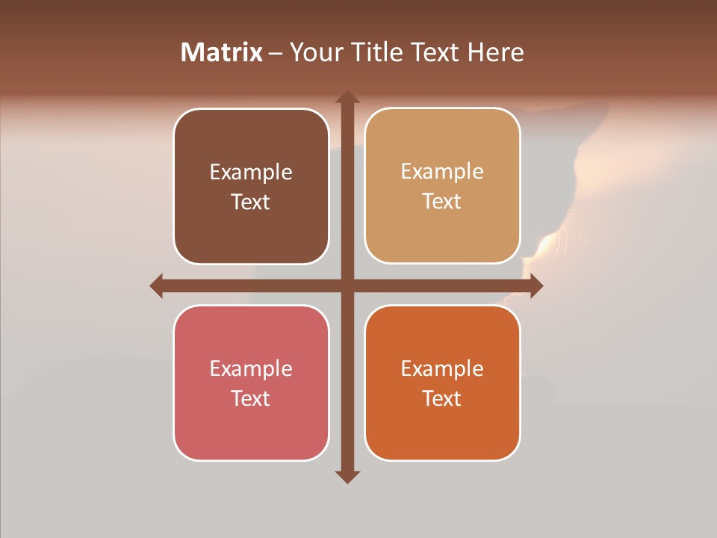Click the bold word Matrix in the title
pos(222,52)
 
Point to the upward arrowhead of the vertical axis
pos(347,97)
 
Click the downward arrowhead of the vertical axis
pos(347,476)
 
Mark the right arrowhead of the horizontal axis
pos(536,285)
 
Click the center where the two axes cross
pos(347,285)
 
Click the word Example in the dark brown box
pos(251,173)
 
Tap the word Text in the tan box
pos(442,202)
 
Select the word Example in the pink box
pos(251,369)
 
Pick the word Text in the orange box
pos(442,398)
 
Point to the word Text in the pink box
pos(251,398)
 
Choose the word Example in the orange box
pos(442,369)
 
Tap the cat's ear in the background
pos(594,116)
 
